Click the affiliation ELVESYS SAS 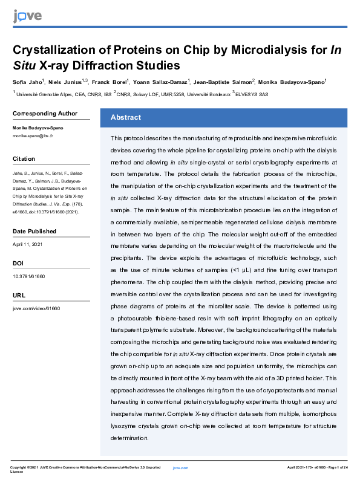tap(256, 94)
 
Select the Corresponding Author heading tap(45, 113)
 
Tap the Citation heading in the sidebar tap(24, 158)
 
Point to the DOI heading tap(18, 263)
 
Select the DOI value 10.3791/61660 tap(29, 276)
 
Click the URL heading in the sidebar tap(19, 295)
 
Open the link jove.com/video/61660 tap(36, 308)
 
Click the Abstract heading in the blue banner tap(125, 117)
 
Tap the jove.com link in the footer tap(180, 468)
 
